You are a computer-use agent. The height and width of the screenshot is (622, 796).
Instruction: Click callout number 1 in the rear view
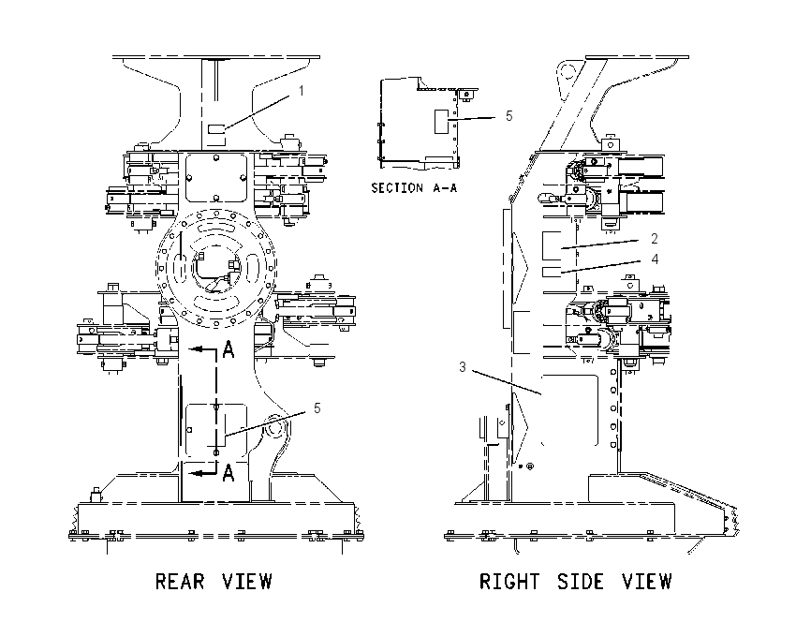(x=301, y=91)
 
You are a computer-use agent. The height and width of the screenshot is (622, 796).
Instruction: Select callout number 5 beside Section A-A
(x=509, y=116)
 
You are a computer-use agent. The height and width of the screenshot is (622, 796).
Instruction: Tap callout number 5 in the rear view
(x=317, y=408)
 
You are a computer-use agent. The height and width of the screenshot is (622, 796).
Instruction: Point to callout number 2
(x=655, y=239)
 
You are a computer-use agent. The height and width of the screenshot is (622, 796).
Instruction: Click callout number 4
(x=655, y=259)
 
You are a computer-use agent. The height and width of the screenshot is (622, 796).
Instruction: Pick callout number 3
(x=462, y=366)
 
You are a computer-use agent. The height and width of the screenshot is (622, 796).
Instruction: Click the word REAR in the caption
(x=180, y=582)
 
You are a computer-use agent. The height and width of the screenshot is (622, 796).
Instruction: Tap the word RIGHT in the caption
(x=509, y=582)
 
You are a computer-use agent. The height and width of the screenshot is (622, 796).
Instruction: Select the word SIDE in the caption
(x=581, y=582)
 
